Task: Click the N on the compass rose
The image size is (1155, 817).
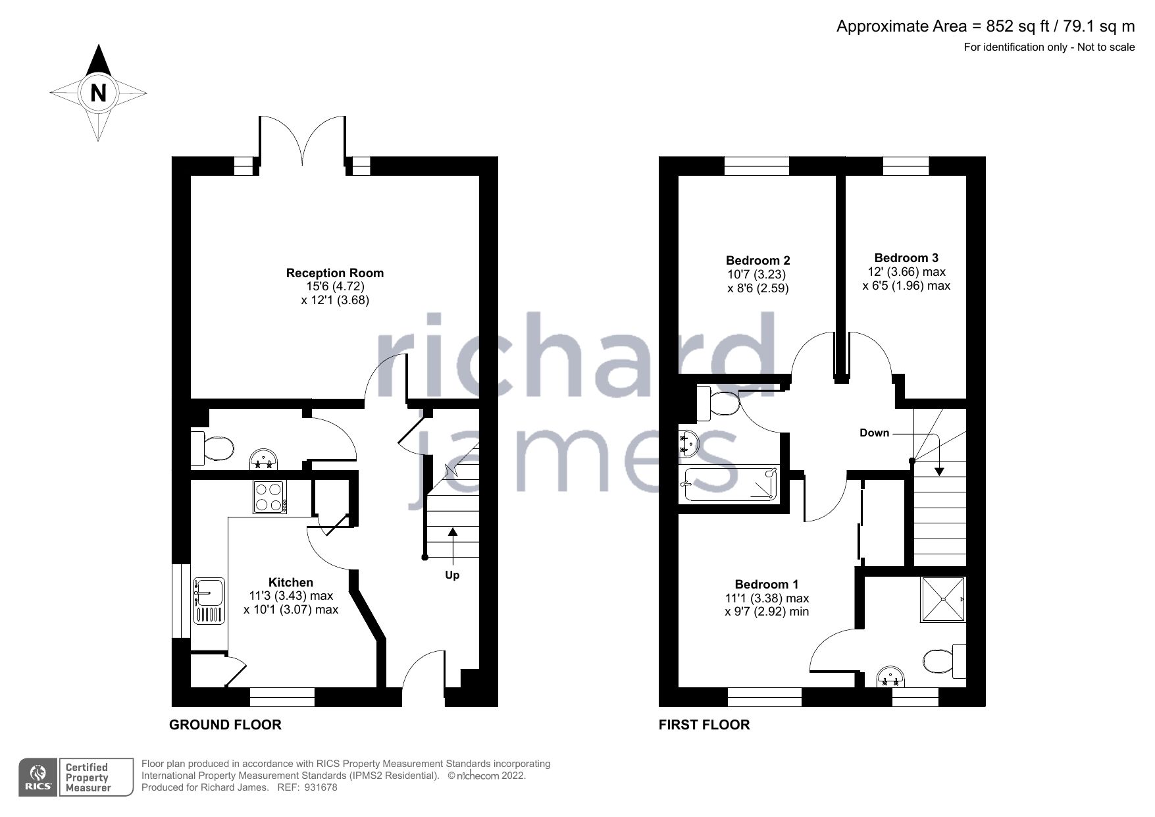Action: click(98, 93)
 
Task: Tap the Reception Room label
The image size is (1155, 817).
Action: click(334, 273)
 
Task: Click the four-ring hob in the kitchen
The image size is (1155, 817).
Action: click(269, 497)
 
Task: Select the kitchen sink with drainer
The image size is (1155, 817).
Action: click(209, 600)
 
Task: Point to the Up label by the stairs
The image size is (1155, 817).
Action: click(452, 575)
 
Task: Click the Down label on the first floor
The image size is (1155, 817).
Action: click(874, 433)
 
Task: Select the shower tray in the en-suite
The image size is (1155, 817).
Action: click(943, 599)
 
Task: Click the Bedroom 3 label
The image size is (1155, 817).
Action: click(906, 257)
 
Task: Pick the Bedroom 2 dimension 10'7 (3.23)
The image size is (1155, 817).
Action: click(757, 274)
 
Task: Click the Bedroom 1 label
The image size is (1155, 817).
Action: click(767, 584)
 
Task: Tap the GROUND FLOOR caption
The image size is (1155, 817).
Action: click(225, 725)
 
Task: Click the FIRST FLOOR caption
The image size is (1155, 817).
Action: click(704, 725)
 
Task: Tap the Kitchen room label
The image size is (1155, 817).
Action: click(291, 582)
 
